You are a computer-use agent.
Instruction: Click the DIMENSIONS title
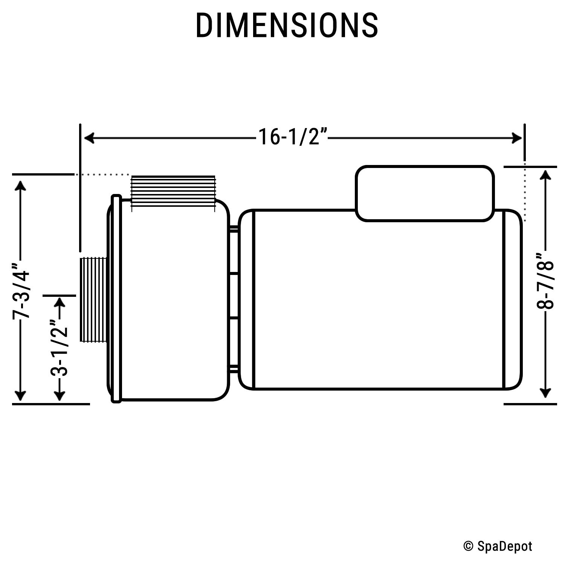(287, 26)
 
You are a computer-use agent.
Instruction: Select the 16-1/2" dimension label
(292, 137)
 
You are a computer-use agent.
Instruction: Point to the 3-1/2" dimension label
(59, 348)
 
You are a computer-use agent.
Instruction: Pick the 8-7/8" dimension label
(545, 281)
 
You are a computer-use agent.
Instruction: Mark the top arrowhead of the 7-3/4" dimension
(20, 186)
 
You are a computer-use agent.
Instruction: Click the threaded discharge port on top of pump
(173, 191)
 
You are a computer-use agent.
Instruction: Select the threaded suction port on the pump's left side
(93, 300)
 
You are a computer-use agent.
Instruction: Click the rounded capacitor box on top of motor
(425, 193)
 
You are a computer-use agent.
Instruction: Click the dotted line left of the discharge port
(102, 175)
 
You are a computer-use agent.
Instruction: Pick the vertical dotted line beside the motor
(525, 192)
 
